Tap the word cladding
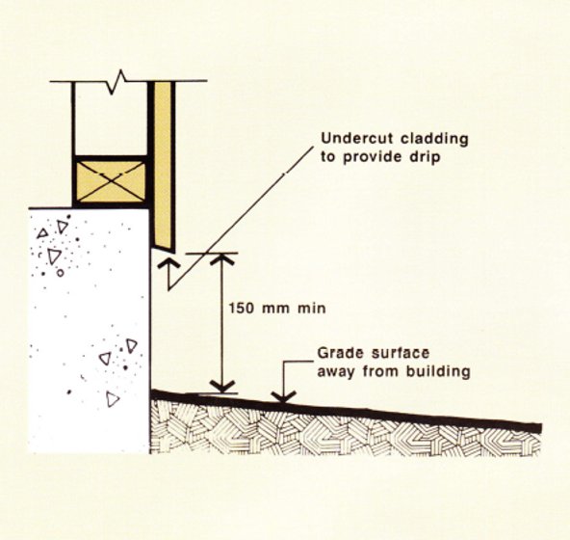(x=435, y=139)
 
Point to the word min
(x=312, y=309)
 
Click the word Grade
(x=339, y=353)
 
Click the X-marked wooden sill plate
(x=111, y=181)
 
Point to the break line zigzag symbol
(x=117, y=82)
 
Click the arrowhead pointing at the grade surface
(x=284, y=396)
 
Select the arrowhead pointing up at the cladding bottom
(x=168, y=263)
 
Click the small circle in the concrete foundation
(x=61, y=272)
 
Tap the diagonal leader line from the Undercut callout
(x=241, y=217)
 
